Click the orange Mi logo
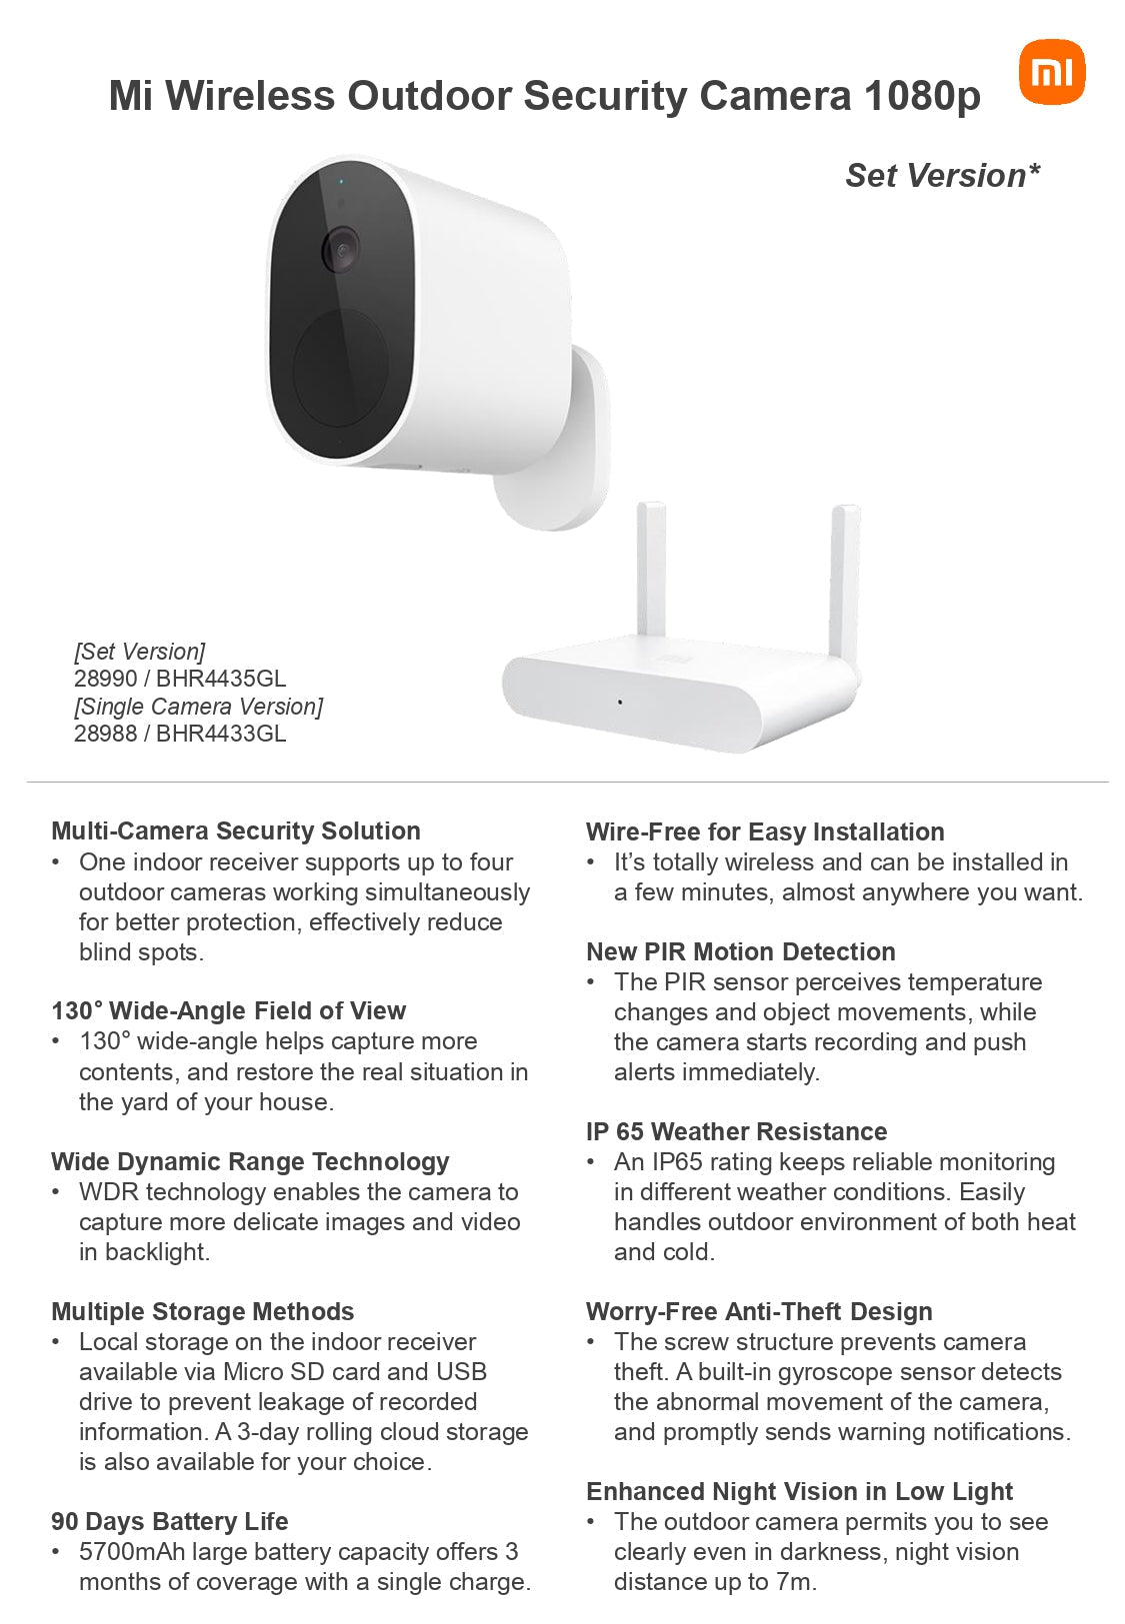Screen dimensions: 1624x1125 (x=1051, y=72)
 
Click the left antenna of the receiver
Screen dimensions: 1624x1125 (x=651, y=570)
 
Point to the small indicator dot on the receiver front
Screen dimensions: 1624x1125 (x=620, y=702)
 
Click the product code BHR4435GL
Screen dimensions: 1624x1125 (x=221, y=679)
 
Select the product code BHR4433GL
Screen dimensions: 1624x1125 (x=221, y=734)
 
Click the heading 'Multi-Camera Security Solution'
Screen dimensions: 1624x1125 (x=236, y=830)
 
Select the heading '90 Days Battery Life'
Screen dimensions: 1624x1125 (x=170, y=1521)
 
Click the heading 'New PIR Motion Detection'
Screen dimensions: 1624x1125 (x=741, y=951)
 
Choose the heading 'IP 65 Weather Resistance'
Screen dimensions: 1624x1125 (x=737, y=1131)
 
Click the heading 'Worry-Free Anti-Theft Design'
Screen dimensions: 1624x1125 (x=759, y=1311)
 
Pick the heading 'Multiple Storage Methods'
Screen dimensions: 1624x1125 (x=203, y=1311)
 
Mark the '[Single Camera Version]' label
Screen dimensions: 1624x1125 (x=198, y=707)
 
